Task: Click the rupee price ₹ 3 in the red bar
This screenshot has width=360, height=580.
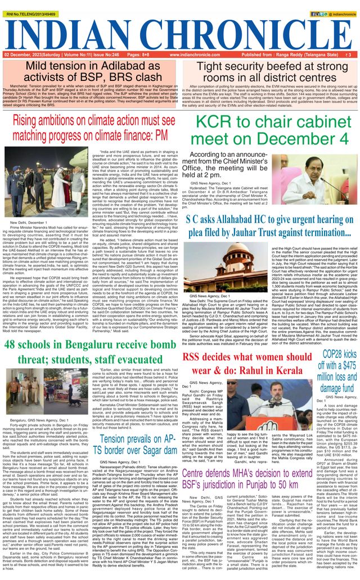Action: point(349,55)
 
